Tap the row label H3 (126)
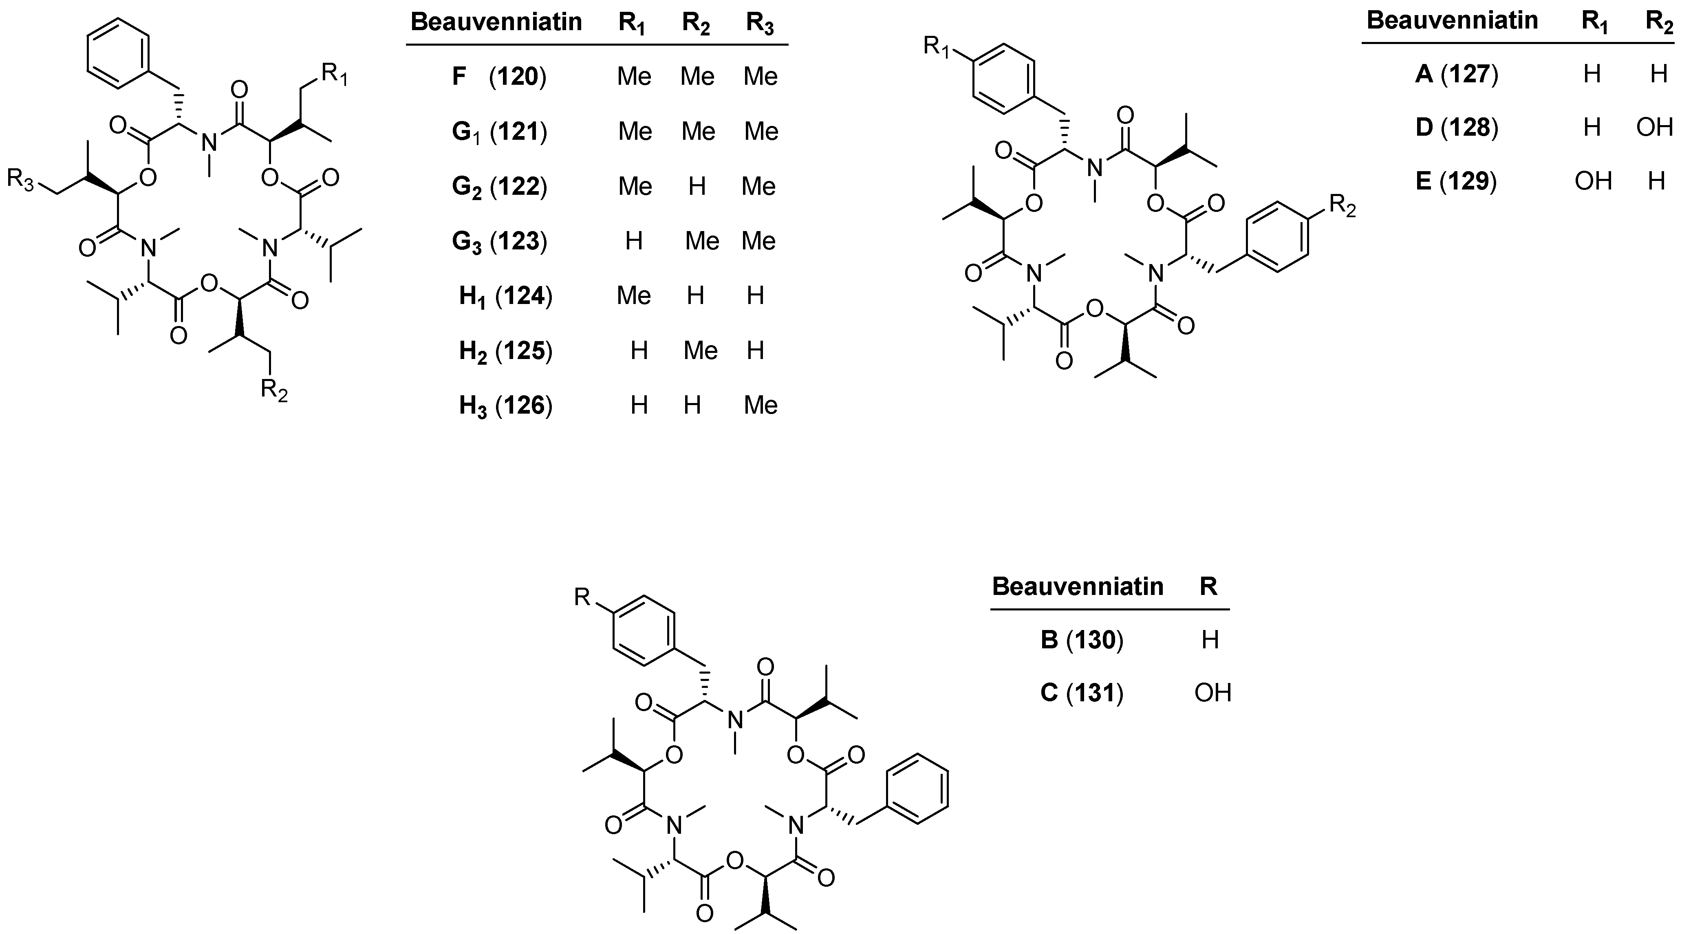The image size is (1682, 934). coord(505,406)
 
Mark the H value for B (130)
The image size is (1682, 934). coord(1210,640)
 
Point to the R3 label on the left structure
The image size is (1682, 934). coord(20,179)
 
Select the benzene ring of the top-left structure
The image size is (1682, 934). coord(119,53)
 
